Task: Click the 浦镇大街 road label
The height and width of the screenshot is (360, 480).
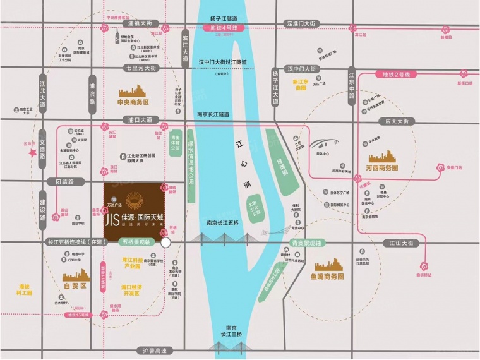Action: [141, 23]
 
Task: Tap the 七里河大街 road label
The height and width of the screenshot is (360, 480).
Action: [140, 68]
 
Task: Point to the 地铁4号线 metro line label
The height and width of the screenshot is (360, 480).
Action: [224, 28]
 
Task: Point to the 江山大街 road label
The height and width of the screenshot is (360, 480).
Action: [400, 243]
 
